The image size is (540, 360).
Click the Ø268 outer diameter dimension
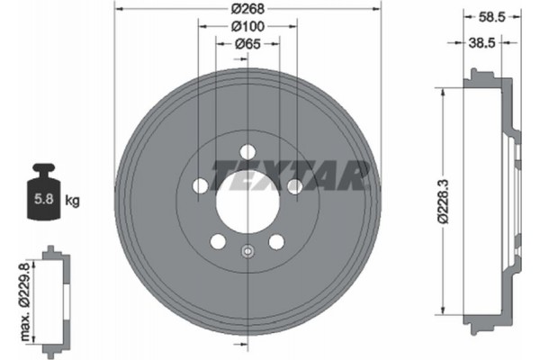tap(247, 9)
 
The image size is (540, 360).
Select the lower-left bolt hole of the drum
tap(217, 241)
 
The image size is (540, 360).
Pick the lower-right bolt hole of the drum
tap(276, 241)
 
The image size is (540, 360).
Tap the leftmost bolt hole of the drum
tap(199, 185)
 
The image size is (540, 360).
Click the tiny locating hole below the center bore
tap(247, 251)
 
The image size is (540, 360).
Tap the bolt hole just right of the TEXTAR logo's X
tap(294, 185)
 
